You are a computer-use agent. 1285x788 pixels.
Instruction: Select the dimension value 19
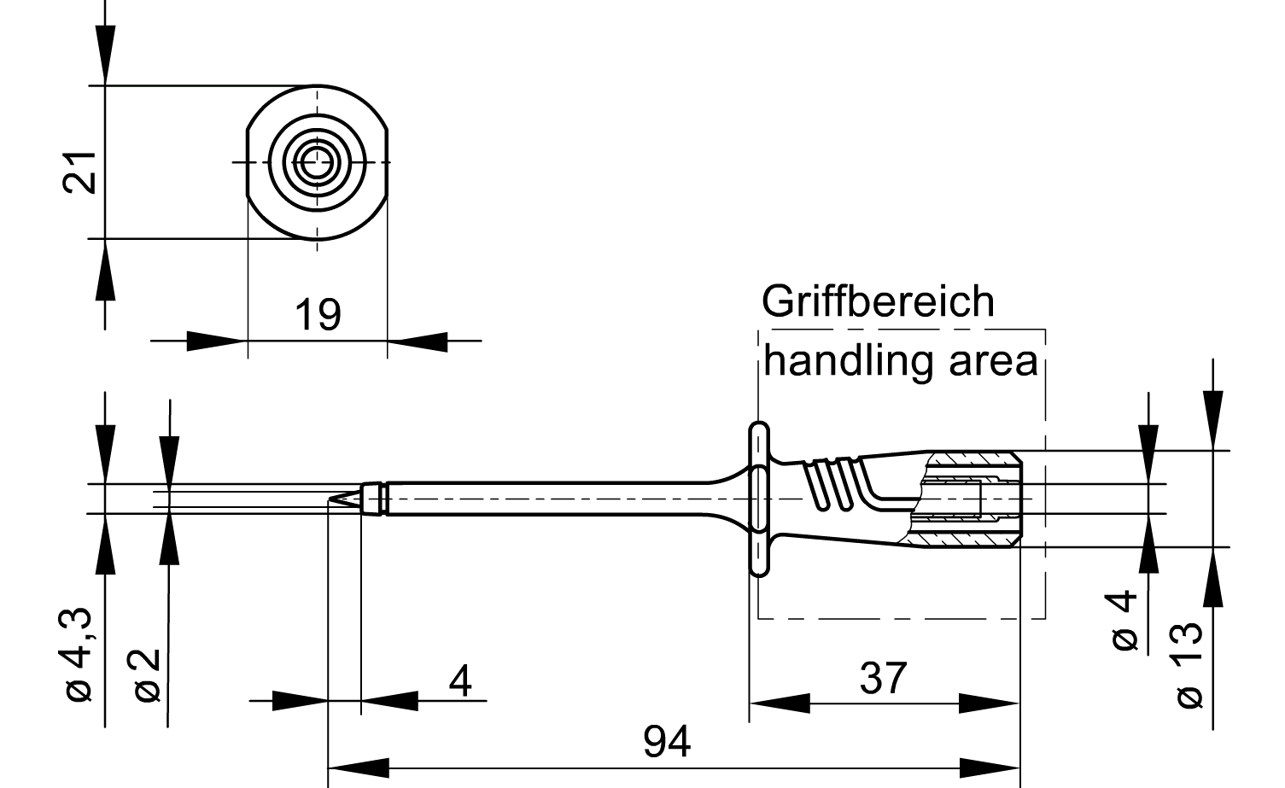point(318,314)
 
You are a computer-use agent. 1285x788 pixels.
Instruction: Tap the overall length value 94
point(667,742)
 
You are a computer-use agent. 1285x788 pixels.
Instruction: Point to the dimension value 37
point(883,679)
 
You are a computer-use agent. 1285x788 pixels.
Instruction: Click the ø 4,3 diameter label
point(79,655)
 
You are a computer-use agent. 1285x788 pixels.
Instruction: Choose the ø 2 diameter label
point(146,674)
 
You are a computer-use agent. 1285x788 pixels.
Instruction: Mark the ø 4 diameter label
point(1125,620)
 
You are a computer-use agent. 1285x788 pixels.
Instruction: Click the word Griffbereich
point(878,302)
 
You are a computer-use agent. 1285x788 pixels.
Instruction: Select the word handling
point(849,361)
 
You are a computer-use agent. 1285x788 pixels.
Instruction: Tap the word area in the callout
point(994,362)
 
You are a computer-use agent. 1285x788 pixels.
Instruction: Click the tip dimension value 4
point(460,680)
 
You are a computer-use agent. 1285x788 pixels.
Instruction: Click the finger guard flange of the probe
point(757,499)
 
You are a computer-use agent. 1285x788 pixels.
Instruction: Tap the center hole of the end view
point(317,161)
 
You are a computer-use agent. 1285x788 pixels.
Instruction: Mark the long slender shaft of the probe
point(546,499)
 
